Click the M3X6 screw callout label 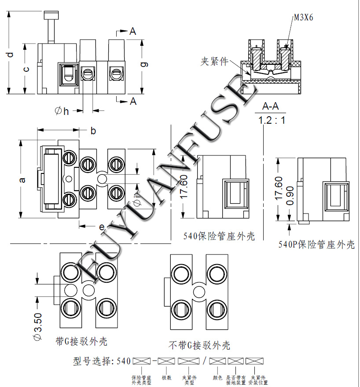tap(303, 17)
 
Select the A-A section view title tap(270, 107)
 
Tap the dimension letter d tap(10, 55)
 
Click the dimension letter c tap(26, 69)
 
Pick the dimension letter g tap(143, 64)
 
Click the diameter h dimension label tap(62, 111)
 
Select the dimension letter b tap(93, 131)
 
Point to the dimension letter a tap(22, 179)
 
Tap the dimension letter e tap(102, 227)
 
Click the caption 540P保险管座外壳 tap(316, 245)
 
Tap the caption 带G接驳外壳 tap(81, 342)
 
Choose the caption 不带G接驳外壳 tap(199, 346)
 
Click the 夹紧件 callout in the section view tap(214, 62)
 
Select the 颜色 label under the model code tap(217, 378)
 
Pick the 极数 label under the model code tap(166, 378)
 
